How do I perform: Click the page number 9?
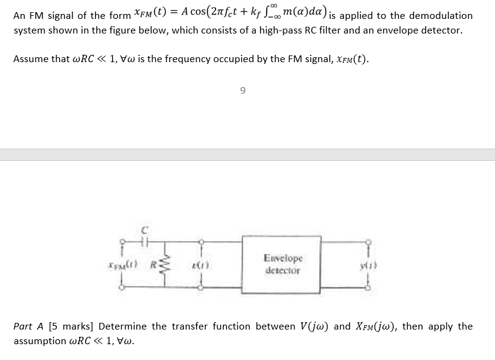(x=243, y=91)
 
